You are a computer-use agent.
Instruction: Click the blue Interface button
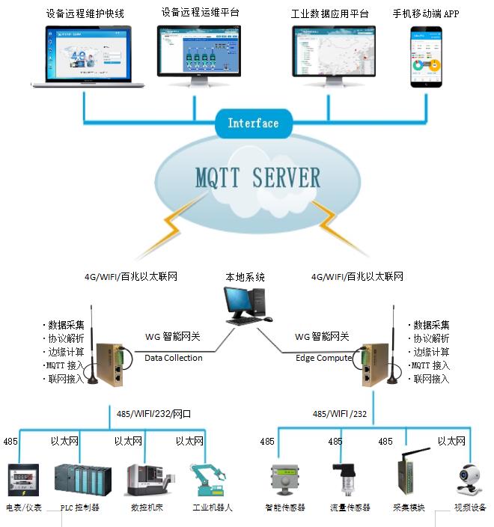point(252,124)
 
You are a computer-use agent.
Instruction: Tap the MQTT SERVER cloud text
point(257,177)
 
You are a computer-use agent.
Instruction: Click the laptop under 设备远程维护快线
point(88,57)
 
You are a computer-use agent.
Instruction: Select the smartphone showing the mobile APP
point(426,58)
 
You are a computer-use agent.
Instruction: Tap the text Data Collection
point(173,358)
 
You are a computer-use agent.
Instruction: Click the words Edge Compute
point(323,358)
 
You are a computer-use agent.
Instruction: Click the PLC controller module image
point(82,480)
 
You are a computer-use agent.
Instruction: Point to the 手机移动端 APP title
point(425,13)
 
